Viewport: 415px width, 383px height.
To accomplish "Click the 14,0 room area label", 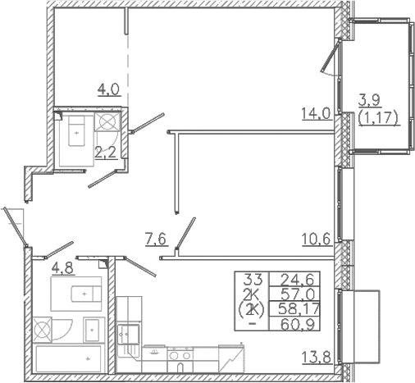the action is [x=316, y=114].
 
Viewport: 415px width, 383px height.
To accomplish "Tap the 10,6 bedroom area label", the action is [x=317, y=239].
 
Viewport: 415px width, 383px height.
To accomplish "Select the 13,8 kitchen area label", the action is [x=317, y=358].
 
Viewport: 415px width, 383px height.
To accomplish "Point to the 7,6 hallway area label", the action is [x=156, y=240].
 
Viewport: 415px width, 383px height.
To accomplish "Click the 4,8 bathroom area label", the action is [x=63, y=268].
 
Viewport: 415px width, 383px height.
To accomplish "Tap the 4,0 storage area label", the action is [x=109, y=89].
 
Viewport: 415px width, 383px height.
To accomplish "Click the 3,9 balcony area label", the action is [x=369, y=101].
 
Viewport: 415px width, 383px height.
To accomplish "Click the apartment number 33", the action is [x=253, y=279].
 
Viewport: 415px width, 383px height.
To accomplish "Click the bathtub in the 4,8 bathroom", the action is [x=68, y=358].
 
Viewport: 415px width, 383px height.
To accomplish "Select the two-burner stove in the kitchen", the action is [x=180, y=355].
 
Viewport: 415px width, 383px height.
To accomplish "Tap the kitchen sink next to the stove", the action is [x=154, y=353].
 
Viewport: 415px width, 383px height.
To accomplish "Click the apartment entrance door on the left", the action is [x=16, y=228].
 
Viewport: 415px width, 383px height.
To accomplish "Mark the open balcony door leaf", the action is [x=331, y=56].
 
